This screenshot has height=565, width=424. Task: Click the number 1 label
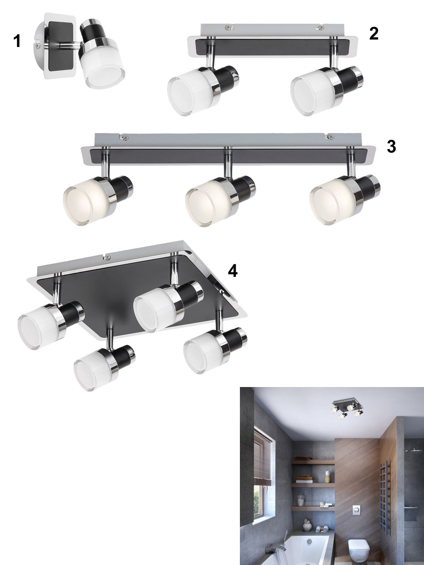(x=17, y=41)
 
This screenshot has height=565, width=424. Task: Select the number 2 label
(x=374, y=34)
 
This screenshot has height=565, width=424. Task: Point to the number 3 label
(x=391, y=147)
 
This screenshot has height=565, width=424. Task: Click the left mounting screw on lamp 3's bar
(x=126, y=137)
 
